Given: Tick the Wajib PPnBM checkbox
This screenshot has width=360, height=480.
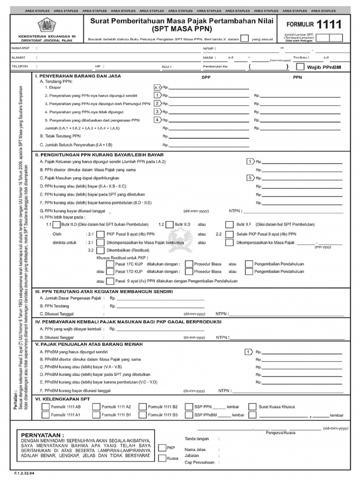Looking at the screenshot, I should (300, 67).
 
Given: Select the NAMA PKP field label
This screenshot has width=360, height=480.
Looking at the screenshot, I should (21, 48).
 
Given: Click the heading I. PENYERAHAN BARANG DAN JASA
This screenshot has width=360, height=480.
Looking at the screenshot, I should (78, 76).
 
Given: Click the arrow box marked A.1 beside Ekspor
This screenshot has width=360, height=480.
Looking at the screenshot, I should (157, 87).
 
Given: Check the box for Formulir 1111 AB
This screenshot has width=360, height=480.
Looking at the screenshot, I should (45, 406).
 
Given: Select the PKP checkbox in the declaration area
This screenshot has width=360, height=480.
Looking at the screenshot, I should (162, 448).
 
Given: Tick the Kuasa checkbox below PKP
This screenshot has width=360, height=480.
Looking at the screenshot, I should (162, 458).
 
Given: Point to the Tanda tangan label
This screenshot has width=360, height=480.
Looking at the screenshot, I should (196, 439).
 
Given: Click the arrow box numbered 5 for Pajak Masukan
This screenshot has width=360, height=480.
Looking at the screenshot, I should (250, 178).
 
